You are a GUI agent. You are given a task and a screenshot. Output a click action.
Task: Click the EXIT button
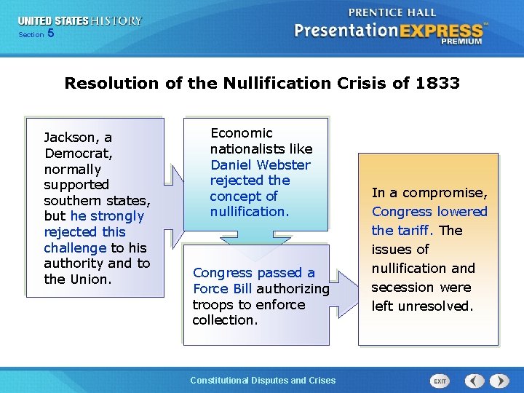[x=440, y=381]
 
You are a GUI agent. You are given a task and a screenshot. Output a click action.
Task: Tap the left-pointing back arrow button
[x=475, y=381]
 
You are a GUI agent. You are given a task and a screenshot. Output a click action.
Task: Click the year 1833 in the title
[x=437, y=83]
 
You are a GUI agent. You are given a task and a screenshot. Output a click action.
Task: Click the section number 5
[x=50, y=33]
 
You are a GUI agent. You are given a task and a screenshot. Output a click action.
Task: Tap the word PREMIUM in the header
[x=461, y=42]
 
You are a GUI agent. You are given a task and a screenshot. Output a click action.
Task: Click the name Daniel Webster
[x=260, y=165]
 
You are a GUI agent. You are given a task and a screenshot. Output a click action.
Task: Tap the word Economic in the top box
[x=241, y=133]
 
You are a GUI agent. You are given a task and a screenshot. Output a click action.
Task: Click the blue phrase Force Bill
[x=222, y=289]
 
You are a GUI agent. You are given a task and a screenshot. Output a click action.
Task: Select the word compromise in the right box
[x=449, y=193]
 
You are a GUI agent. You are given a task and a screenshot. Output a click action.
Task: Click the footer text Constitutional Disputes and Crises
[x=262, y=381]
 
